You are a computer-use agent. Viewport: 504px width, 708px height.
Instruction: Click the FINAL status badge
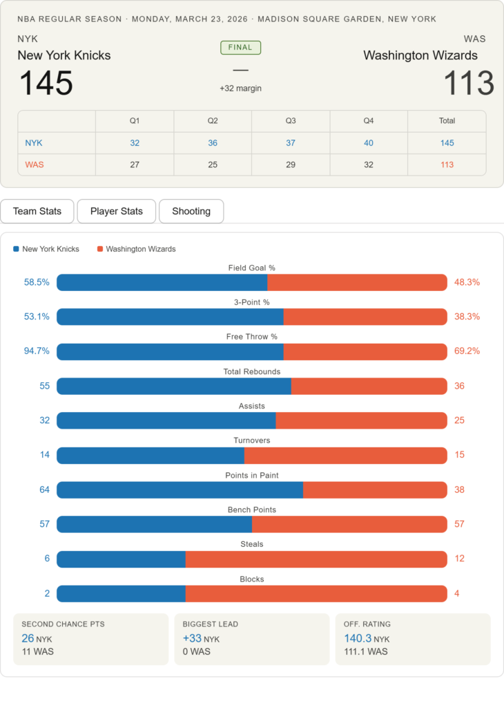click(x=240, y=48)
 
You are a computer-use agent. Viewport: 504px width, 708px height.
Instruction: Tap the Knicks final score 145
click(x=46, y=84)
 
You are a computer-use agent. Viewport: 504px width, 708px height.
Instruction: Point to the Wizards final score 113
click(x=468, y=84)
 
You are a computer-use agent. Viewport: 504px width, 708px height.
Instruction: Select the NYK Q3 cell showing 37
click(x=291, y=143)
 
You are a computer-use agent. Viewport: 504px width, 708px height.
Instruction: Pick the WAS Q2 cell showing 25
click(x=213, y=165)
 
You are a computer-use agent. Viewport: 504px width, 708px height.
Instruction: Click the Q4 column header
click(x=369, y=121)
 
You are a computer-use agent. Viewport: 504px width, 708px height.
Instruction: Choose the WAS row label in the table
click(x=35, y=165)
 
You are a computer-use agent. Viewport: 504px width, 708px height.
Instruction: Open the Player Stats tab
click(x=117, y=212)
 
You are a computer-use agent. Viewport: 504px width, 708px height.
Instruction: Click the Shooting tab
click(x=191, y=212)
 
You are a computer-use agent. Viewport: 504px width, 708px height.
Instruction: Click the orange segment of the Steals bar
click(x=316, y=559)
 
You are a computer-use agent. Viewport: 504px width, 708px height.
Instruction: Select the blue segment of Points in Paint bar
click(x=180, y=490)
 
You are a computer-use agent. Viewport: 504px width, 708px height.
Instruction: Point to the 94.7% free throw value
click(x=37, y=351)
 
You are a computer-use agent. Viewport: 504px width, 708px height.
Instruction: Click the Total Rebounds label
click(x=252, y=371)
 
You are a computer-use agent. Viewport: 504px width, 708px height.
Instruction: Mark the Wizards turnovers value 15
click(x=460, y=455)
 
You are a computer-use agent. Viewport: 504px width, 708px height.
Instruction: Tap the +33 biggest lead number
click(x=193, y=638)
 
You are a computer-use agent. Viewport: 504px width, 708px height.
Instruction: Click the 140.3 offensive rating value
click(x=358, y=638)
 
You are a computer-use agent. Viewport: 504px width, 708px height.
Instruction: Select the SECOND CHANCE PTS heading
click(x=63, y=624)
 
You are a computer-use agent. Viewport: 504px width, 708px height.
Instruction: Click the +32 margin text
click(x=240, y=88)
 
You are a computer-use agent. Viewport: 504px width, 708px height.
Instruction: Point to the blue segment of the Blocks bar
click(x=121, y=593)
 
